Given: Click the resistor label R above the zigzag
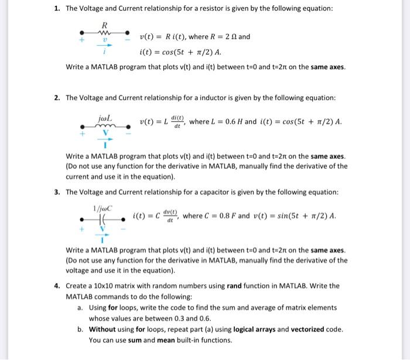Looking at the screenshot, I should [104, 25].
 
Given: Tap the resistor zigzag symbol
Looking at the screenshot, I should [104, 33].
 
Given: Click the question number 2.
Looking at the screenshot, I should [57, 97].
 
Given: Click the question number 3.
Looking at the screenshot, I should [57, 192].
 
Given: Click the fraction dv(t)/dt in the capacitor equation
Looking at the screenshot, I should [170, 217].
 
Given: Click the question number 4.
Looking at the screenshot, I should [57, 286].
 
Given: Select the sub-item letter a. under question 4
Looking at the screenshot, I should [80, 307].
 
